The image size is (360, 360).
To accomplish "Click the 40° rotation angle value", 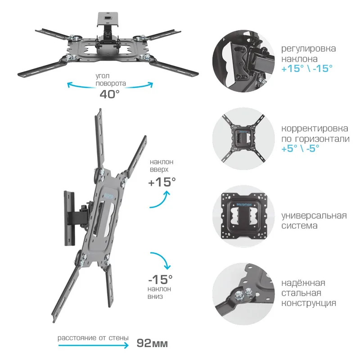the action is click(x=109, y=94).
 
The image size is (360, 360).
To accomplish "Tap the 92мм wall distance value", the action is click(x=152, y=343).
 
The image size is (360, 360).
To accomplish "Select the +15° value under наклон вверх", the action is click(x=162, y=182).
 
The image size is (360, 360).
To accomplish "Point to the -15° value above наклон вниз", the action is click(x=160, y=279).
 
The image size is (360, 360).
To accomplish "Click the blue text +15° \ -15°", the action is click(x=307, y=68).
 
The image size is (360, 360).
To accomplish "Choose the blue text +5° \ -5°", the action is click(x=300, y=148).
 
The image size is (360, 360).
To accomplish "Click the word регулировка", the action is click(x=309, y=49).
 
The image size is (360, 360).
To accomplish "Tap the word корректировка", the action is click(x=315, y=129).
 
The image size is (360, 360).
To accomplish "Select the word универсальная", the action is click(x=314, y=216).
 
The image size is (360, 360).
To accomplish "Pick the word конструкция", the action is click(x=309, y=303).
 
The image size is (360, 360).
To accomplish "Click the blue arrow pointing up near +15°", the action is click(x=160, y=200).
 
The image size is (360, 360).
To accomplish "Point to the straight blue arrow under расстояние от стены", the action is click(x=93, y=345).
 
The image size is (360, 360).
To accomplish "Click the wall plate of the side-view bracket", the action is click(x=69, y=218).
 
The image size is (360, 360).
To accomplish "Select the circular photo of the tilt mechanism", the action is click(x=243, y=62).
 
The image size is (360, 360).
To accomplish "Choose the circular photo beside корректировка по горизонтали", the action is click(x=243, y=139).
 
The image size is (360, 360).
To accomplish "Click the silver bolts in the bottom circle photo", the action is click(x=243, y=294).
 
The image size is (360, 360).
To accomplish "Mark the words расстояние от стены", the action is click(x=93, y=338).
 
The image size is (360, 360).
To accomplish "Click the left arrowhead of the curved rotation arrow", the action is click(x=69, y=85).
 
